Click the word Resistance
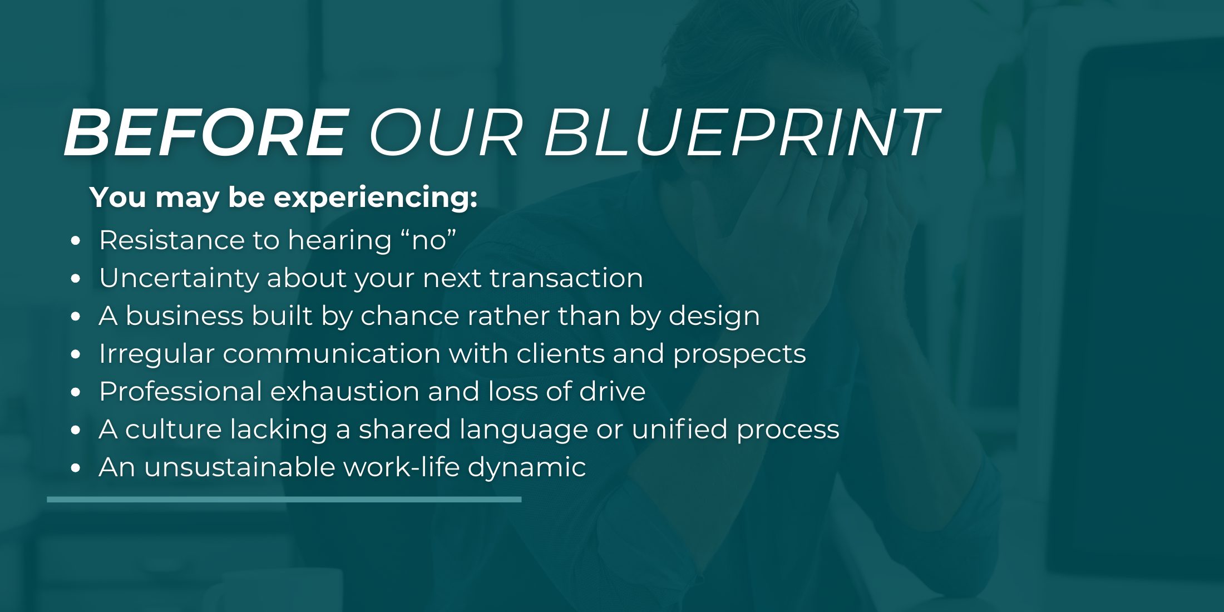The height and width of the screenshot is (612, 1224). [x=171, y=240]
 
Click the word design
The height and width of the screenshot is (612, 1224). [x=714, y=317]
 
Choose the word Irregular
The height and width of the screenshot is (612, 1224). [x=156, y=354]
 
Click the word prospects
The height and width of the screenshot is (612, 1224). [x=739, y=354]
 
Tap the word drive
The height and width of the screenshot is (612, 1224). [x=612, y=391]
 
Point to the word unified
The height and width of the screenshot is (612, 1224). [x=679, y=429]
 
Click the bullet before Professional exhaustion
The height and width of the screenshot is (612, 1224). [x=76, y=392]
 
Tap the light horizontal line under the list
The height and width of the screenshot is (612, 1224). [x=284, y=500]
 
